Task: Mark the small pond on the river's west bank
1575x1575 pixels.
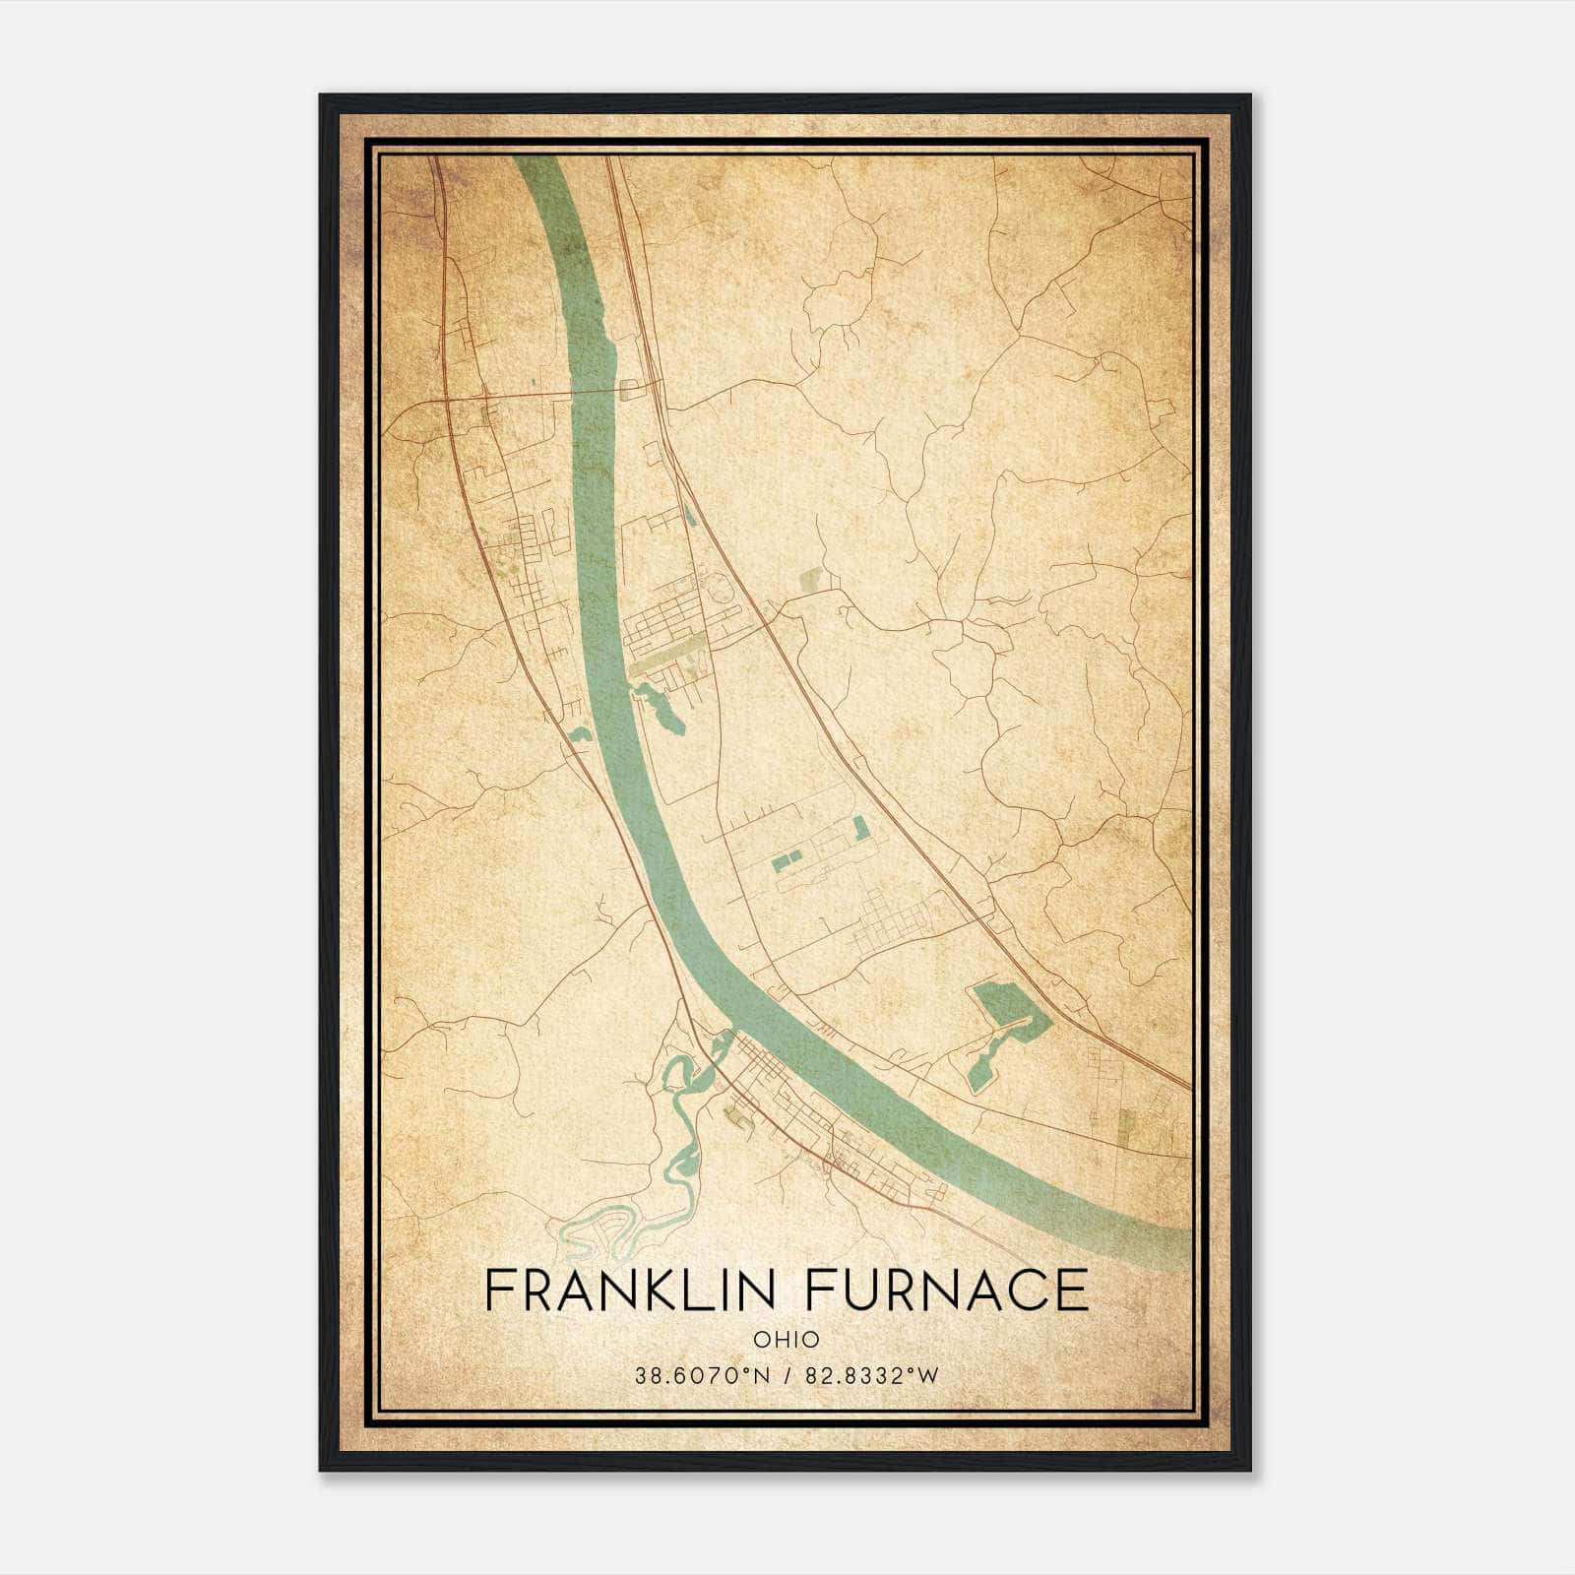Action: (x=578, y=733)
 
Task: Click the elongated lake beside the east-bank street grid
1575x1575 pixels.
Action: (x=661, y=706)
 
